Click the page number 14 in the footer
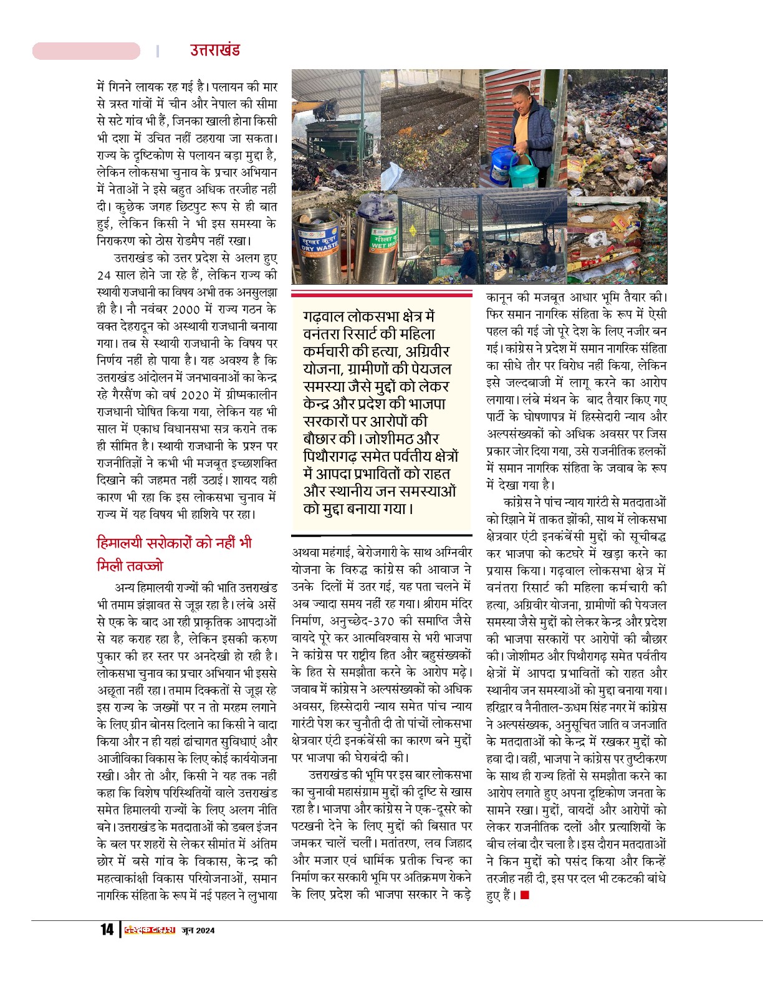pos(107,930)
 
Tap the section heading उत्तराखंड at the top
pos(215,50)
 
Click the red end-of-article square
pos(525,895)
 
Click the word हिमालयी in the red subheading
pos(120,543)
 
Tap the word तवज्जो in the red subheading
pos(130,566)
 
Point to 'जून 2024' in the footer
pos(198,930)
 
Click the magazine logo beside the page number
pos(149,930)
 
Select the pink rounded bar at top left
pos(86,51)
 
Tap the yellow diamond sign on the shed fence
pos(412,229)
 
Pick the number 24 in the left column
pos(105,275)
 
